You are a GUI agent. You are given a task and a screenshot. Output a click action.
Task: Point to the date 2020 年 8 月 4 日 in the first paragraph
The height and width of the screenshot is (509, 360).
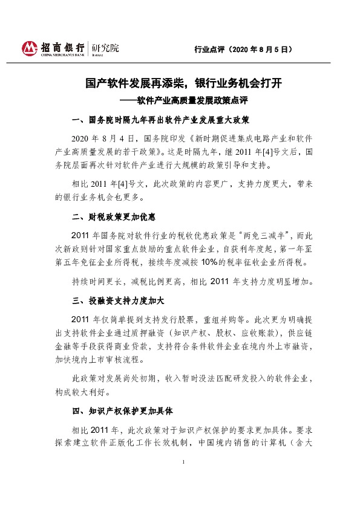coord(106,138)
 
